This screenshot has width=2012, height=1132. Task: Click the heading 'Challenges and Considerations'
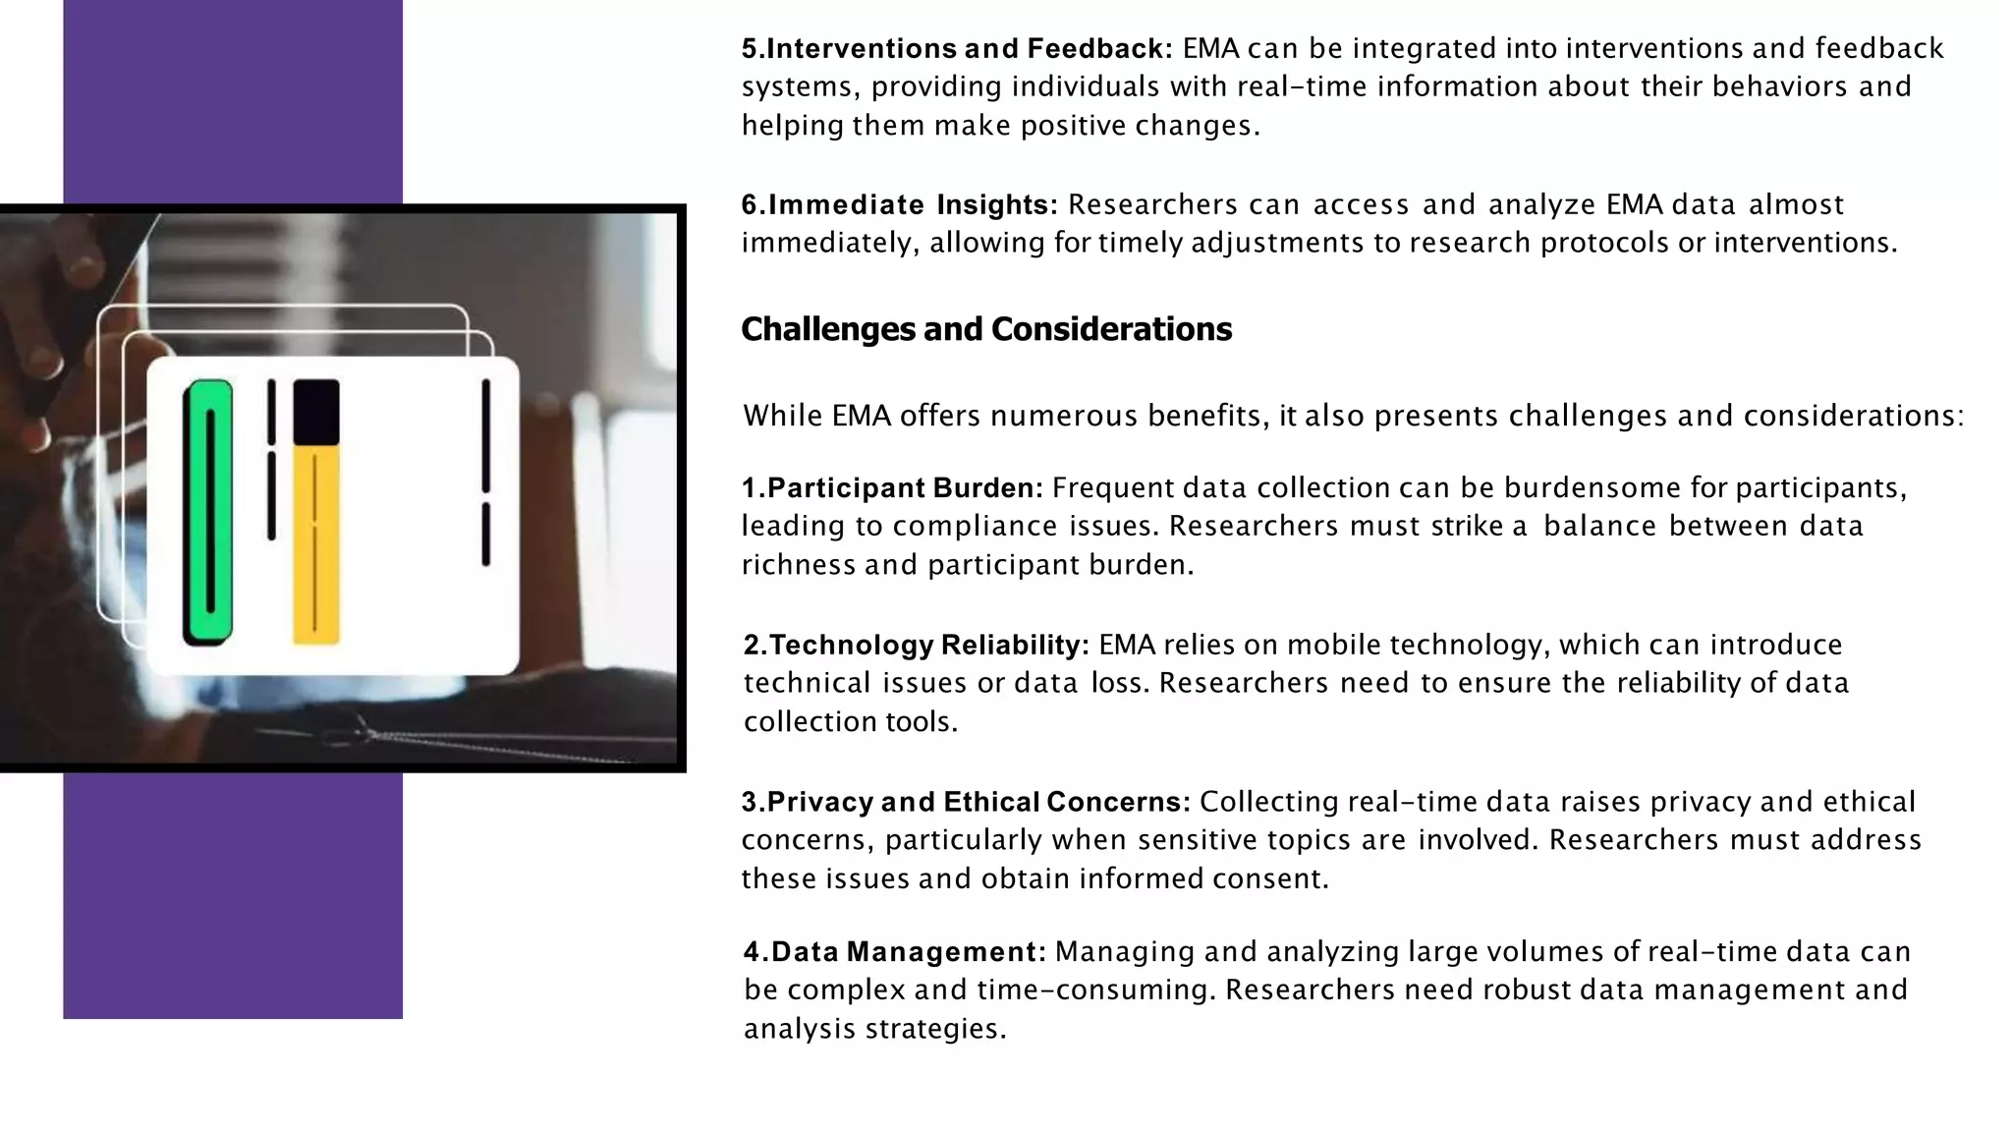pyautogui.click(x=985, y=329)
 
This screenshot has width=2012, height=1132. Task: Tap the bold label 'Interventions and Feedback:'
pyautogui.click(x=968, y=48)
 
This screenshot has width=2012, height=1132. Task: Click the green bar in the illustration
pyautogui.click(x=208, y=511)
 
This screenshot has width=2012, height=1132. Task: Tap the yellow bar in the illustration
pyautogui.click(x=315, y=545)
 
